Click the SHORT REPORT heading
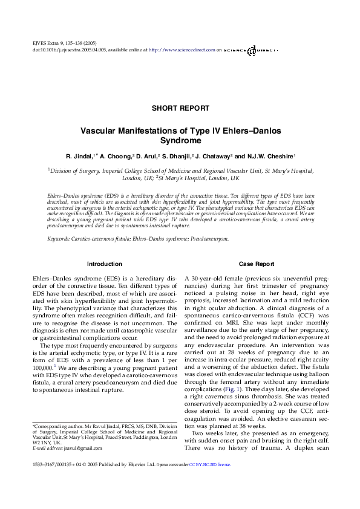click(180, 108)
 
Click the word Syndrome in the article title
click(180, 140)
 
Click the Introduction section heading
click(105, 264)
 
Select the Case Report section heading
click(256, 264)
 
